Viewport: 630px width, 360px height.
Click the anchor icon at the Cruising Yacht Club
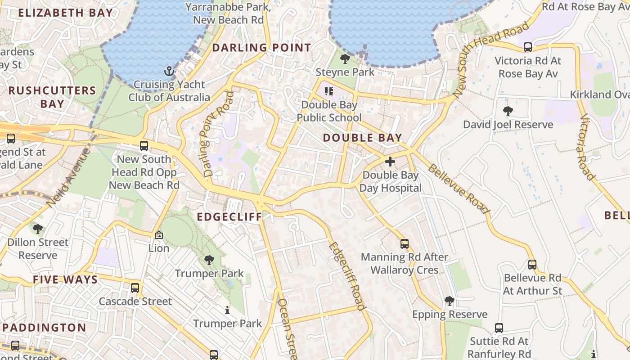(169, 71)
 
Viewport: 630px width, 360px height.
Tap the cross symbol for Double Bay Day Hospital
(390, 162)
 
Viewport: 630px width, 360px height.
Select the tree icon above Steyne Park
(345, 58)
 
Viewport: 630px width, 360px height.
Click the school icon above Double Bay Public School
(329, 91)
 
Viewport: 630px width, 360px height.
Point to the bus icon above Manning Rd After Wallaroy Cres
(405, 244)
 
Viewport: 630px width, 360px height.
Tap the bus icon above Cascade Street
(135, 288)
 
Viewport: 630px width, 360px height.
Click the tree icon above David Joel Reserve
(508, 111)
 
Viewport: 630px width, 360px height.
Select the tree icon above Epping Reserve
(450, 301)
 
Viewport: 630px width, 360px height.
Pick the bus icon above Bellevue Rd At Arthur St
(532, 265)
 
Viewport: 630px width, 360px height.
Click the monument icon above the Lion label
(159, 235)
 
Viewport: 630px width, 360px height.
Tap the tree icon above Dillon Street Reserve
(38, 229)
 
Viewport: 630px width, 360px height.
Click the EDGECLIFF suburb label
(229, 217)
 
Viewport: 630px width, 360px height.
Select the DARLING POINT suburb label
(261, 48)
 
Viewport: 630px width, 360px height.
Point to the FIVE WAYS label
(65, 280)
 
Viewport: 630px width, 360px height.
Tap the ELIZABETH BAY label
(65, 13)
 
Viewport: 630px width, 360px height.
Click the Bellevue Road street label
(458, 189)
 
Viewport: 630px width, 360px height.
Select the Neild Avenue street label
(68, 177)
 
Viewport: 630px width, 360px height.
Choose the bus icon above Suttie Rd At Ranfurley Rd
(499, 328)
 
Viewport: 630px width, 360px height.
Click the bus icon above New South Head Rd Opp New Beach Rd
(144, 146)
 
